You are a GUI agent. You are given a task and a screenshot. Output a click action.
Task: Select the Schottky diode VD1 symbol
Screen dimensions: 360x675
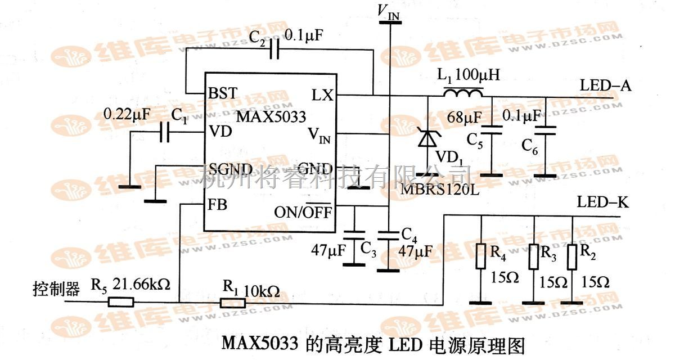[x=427, y=137]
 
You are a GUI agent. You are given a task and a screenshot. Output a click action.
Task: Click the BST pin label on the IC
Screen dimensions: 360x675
[x=222, y=93]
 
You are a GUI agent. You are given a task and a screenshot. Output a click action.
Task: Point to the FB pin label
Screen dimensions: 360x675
[x=218, y=205]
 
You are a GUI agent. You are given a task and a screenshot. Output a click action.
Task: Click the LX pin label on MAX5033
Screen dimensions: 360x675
[x=322, y=94]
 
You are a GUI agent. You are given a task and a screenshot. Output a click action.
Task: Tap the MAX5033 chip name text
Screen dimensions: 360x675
[x=271, y=117]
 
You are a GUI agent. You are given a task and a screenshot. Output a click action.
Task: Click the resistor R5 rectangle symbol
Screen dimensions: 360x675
[x=121, y=302]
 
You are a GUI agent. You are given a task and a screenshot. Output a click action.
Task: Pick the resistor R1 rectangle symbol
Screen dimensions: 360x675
[x=232, y=303]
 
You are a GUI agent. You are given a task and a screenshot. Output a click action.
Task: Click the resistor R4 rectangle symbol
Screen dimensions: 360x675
[x=481, y=256]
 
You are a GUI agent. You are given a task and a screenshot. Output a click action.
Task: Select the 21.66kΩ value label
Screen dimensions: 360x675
[x=143, y=285]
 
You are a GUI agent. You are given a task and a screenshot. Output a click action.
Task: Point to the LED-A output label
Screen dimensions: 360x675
[x=605, y=86]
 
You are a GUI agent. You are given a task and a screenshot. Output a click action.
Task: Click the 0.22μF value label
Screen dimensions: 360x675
[x=127, y=115]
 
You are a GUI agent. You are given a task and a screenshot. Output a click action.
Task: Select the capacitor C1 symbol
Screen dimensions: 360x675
[x=164, y=133]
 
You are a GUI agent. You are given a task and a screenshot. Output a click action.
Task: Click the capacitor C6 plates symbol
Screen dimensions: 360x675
[x=544, y=130]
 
